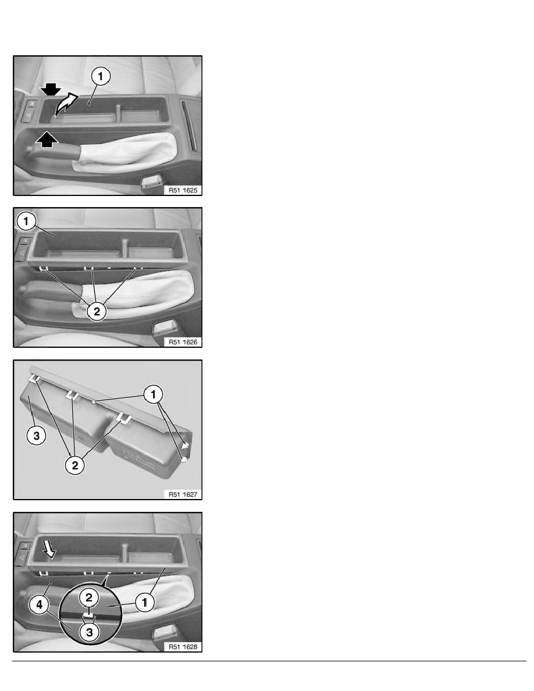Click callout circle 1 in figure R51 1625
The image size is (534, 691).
100,76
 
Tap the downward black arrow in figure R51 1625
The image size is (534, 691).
51,90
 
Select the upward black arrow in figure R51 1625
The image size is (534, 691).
47,140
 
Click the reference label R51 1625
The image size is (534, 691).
183,190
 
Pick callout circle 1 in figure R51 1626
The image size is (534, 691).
26,221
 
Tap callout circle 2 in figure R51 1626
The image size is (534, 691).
97,312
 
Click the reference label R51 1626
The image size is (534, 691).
183,342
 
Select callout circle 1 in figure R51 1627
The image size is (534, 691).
154,394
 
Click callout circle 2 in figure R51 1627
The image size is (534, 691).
74,465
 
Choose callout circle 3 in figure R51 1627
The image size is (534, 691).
36,436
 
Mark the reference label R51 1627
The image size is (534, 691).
183,494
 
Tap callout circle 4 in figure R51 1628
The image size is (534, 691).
40,605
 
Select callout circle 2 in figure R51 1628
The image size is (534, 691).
89,597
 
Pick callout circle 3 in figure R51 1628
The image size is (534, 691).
90,632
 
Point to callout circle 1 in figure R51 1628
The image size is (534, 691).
144,603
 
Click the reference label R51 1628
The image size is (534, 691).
183,647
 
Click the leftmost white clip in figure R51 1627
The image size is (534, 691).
34,378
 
